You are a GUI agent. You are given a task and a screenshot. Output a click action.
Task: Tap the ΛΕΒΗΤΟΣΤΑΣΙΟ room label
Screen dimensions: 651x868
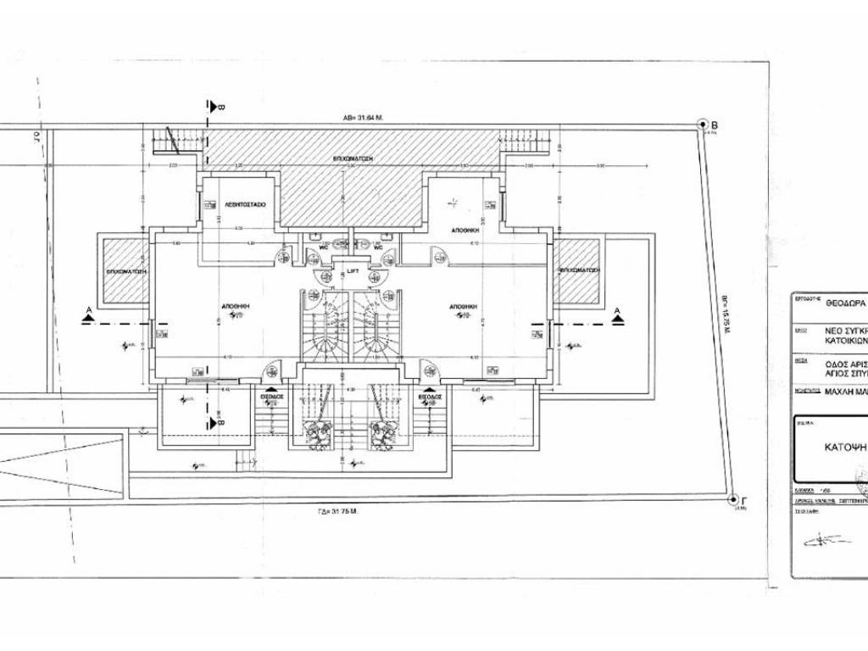[x=247, y=205]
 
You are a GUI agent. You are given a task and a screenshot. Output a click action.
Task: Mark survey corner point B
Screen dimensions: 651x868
[x=703, y=125]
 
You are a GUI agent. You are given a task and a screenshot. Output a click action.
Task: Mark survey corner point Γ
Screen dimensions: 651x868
[x=732, y=500]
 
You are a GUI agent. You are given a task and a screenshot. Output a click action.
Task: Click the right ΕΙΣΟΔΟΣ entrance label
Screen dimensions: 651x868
[x=430, y=395]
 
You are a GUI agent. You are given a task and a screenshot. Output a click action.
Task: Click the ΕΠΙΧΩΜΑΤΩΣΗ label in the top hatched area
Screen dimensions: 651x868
[x=353, y=159]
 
